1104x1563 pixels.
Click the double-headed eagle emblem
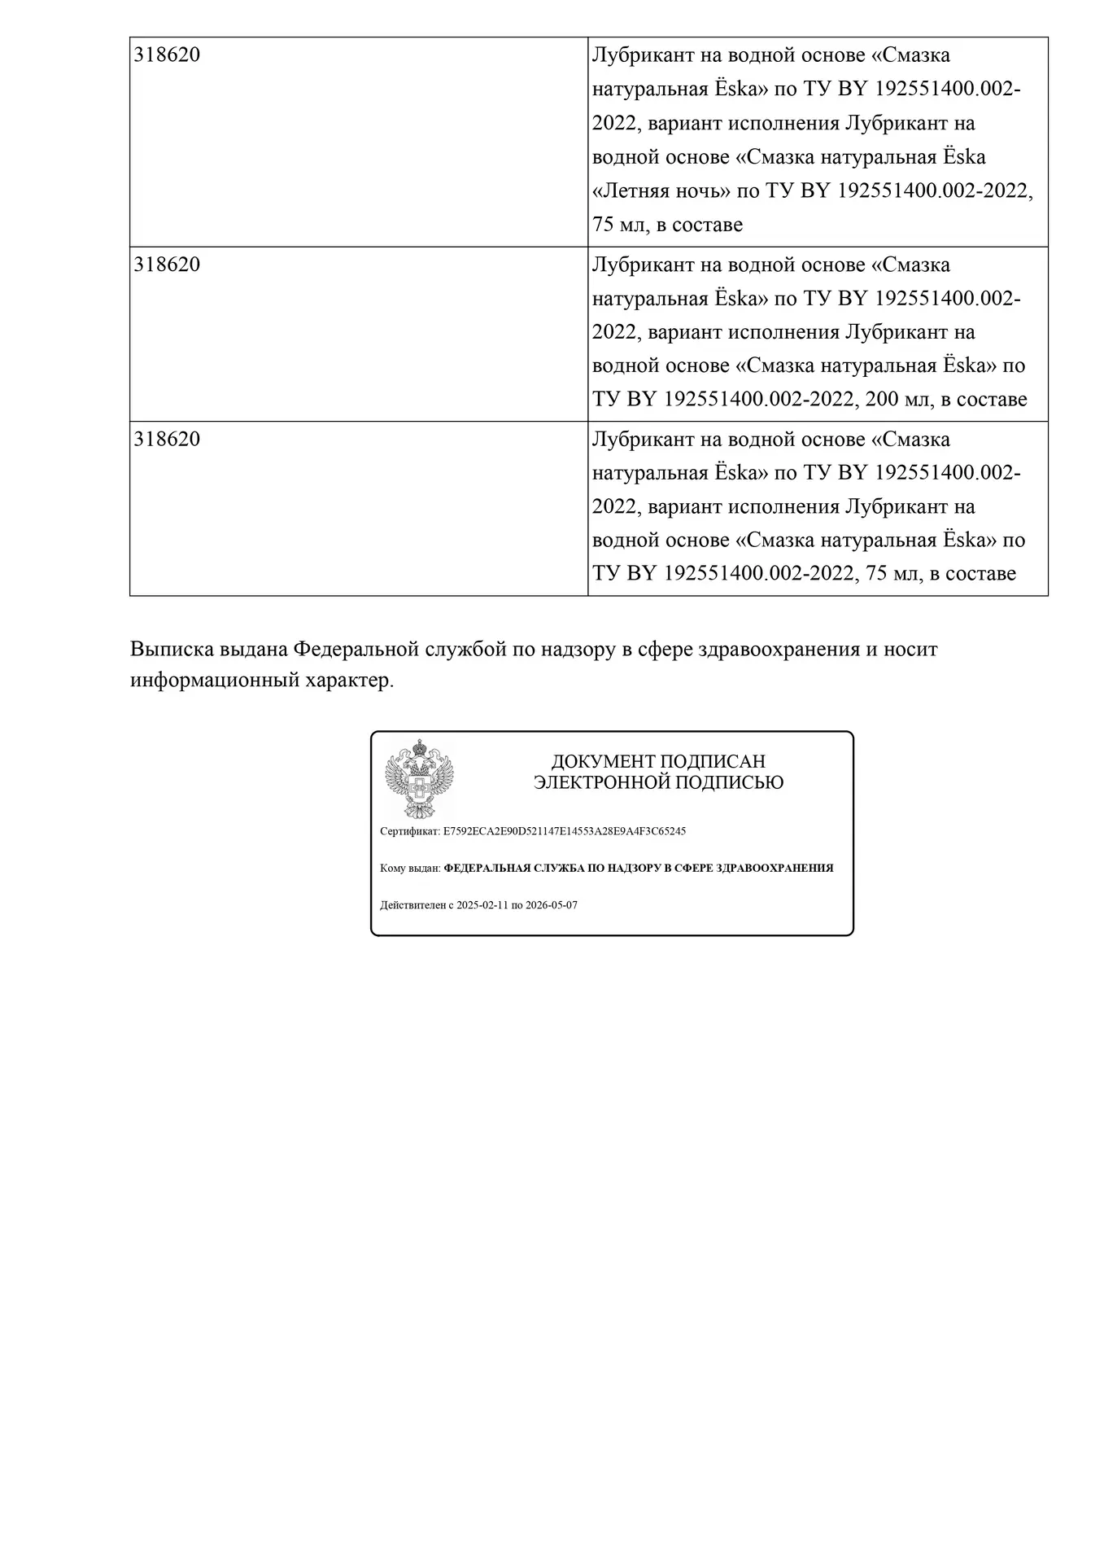tap(419, 778)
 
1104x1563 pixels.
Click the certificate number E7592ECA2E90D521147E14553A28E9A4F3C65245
tap(565, 831)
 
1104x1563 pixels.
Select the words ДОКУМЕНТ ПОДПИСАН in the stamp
tap(658, 762)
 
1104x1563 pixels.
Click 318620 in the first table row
tap(167, 55)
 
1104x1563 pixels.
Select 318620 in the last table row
tap(167, 440)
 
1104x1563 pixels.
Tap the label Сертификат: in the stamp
tap(410, 831)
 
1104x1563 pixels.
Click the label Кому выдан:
tap(410, 868)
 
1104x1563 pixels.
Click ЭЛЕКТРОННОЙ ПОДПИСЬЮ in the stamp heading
tap(658, 783)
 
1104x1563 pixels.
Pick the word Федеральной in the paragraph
tap(355, 650)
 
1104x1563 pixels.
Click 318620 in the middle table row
tap(167, 265)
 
